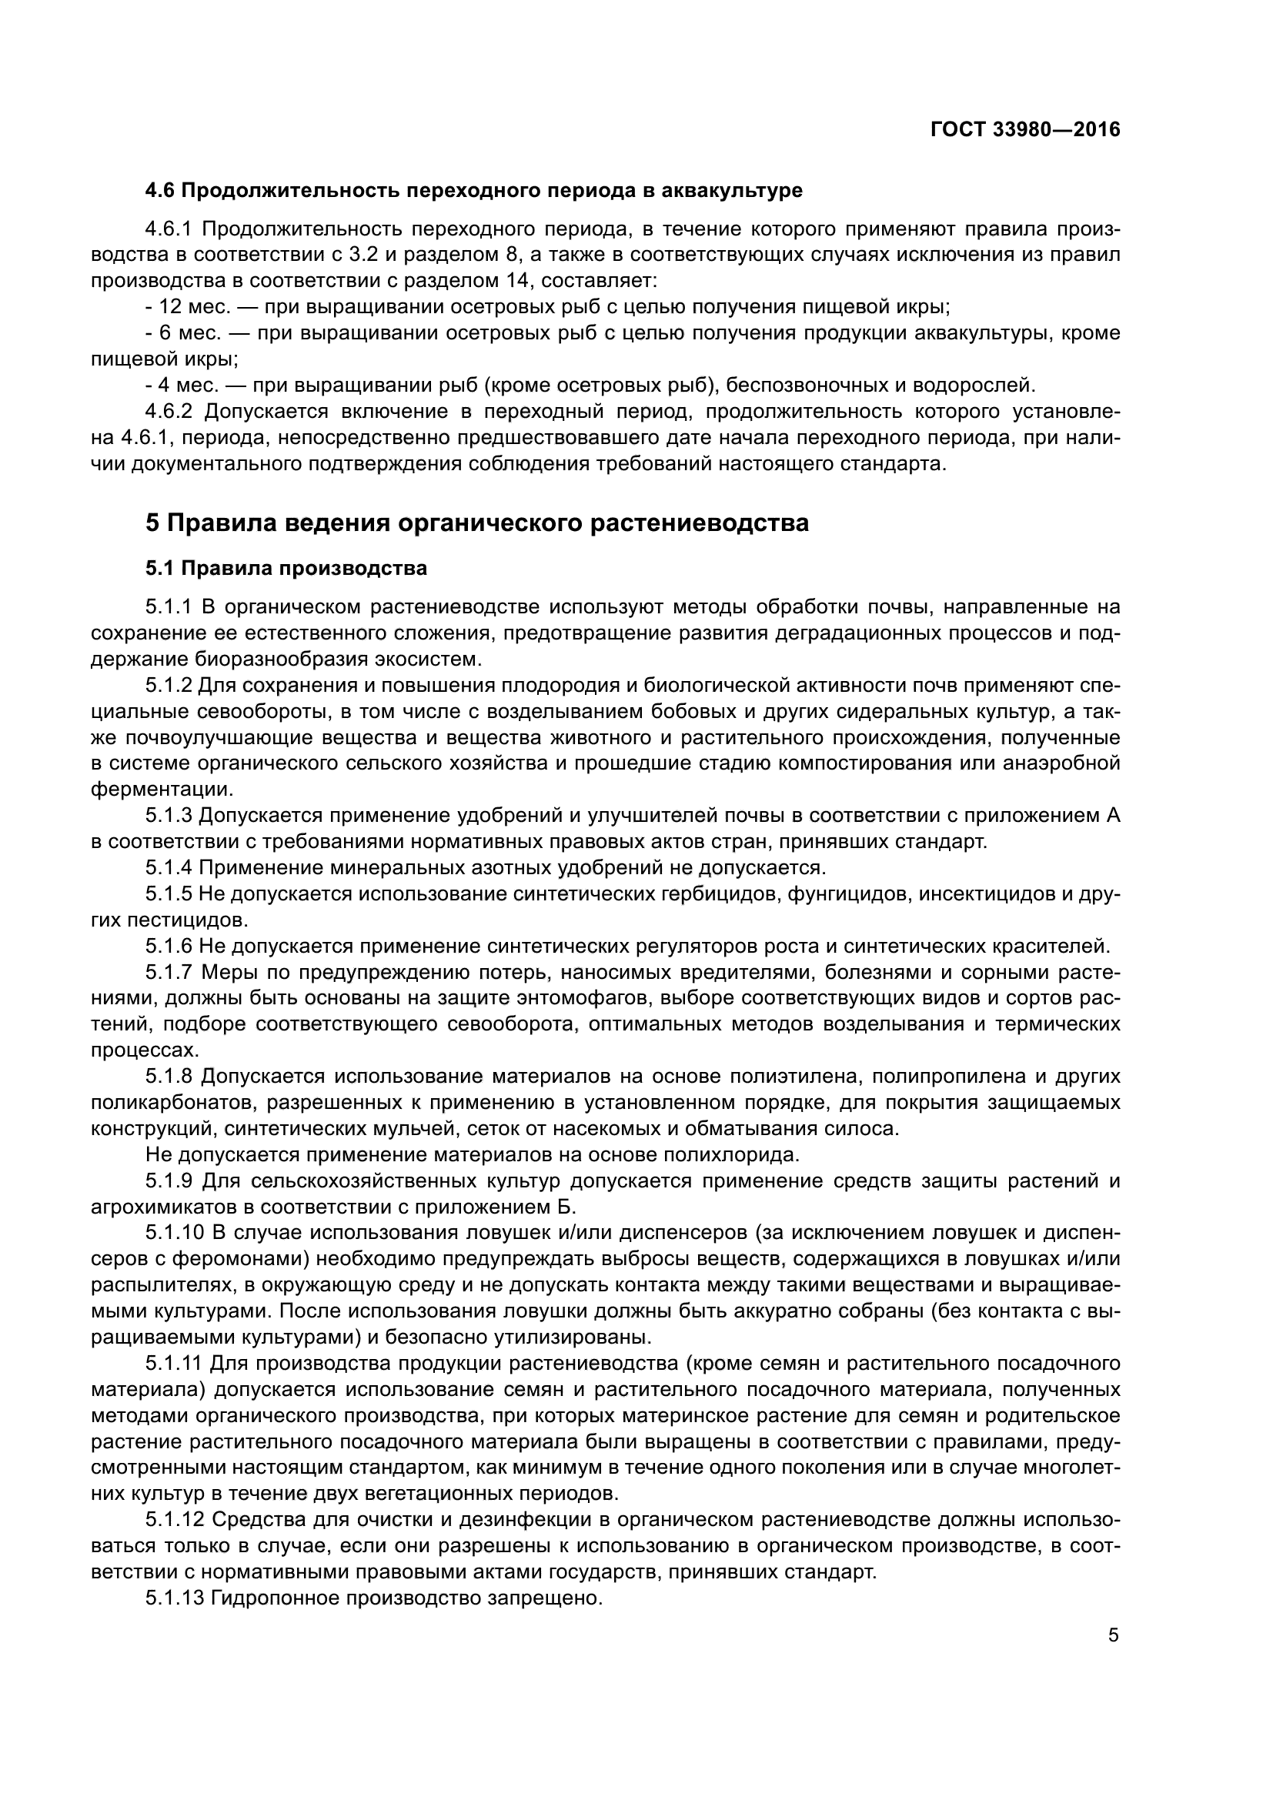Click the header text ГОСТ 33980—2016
click(x=1025, y=130)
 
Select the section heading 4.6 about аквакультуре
click(x=473, y=191)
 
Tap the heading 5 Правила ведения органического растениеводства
click(x=476, y=523)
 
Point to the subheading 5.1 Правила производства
click(x=286, y=569)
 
